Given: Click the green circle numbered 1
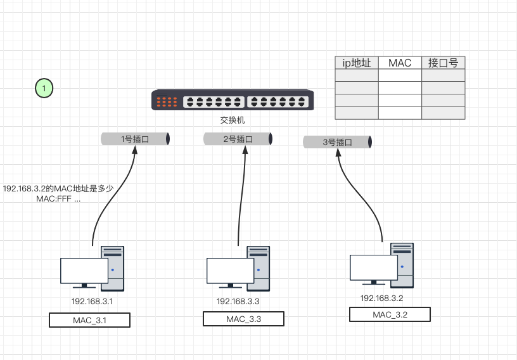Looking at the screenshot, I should pos(44,88).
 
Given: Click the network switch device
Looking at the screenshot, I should pos(233,100).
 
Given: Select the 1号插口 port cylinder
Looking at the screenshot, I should pos(135,139).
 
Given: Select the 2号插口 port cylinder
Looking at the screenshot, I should pos(238,139).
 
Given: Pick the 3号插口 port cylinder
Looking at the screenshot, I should pos(337,143).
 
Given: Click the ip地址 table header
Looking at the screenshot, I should pos(357,63).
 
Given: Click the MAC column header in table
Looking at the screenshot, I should pos(400,63).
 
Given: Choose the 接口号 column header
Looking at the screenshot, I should pos(443,63).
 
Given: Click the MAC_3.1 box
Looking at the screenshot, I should pos(89,320).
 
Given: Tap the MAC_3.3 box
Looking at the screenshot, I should pos(243,319).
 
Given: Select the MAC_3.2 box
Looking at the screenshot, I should pos(390,314).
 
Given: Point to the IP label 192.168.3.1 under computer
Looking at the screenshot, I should pos(92,302).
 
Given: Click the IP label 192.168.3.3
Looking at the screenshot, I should pos(238,302).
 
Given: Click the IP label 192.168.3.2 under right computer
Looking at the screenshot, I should pos(382,298).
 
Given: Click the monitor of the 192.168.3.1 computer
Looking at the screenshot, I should pos(84,271).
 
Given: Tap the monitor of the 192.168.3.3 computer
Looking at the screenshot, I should pos(230,271).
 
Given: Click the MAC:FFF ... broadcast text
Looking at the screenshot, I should pos(59,199).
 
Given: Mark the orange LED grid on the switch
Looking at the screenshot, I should pos(167,101).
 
